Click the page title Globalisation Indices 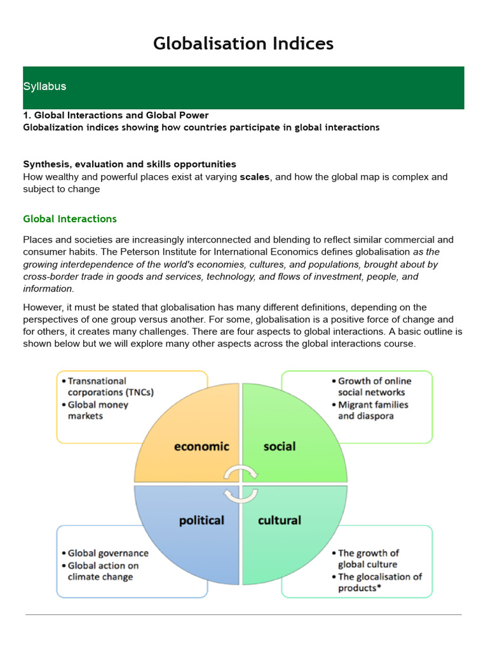(x=243, y=43)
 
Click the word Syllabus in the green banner (x=44, y=86)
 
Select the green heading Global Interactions (x=70, y=219)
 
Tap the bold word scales (x=254, y=177)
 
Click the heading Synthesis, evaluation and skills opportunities (x=130, y=164)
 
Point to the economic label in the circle (x=201, y=446)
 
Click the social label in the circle (x=280, y=446)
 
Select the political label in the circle (x=201, y=521)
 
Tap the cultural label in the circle (x=280, y=521)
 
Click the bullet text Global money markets (x=98, y=410)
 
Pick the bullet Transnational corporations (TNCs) (x=108, y=387)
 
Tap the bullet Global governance (x=107, y=554)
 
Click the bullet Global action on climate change (x=102, y=571)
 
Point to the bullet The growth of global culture (x=368, y=559)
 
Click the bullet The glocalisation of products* (x=379, y=582)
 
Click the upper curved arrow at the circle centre (x=241, y=472)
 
